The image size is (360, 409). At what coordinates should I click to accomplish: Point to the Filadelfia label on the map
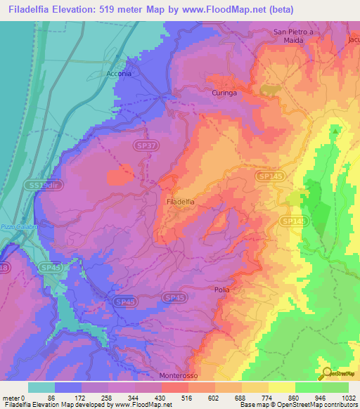[181, 202]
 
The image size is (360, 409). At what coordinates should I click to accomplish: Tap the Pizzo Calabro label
[15, 226]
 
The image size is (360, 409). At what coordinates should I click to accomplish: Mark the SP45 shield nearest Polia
[174, 298]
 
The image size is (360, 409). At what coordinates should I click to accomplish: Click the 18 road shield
[4, 268]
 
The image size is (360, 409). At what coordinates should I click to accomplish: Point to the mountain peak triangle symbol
[335, 130]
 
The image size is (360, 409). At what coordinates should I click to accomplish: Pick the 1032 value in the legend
[347, 398]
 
